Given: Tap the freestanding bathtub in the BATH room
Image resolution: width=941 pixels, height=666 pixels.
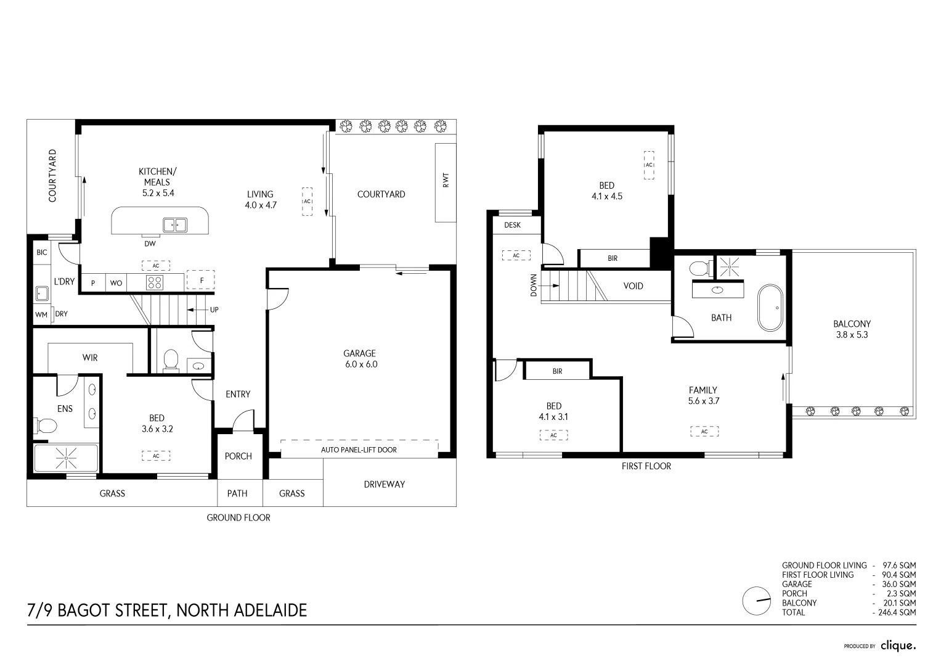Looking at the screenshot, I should pos(769,308).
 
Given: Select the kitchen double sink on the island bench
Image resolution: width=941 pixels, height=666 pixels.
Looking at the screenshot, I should pos(175,225).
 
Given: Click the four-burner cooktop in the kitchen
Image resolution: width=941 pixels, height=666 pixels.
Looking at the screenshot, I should pos(154,282).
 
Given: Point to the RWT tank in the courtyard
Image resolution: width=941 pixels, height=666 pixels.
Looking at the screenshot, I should pos(446,183).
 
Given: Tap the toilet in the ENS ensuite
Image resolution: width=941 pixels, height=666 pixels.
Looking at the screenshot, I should pos(46,425).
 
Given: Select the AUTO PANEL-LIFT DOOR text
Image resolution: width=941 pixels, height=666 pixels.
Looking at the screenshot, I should pos(359,450).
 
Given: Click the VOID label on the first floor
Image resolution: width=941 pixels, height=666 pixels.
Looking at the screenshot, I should pos(633,286).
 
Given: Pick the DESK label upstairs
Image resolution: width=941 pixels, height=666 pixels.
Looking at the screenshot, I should pos(512,225).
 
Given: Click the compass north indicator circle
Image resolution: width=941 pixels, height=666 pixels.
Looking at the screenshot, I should pos(757,601).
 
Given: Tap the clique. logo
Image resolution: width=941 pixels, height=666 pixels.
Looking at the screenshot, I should pos(898,646).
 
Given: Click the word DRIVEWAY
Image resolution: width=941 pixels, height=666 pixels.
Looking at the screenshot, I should pos(384,484).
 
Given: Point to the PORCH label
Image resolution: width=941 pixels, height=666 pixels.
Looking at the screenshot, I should pos(238,456).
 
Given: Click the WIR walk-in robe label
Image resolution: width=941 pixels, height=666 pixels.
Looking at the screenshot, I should pos(90,358).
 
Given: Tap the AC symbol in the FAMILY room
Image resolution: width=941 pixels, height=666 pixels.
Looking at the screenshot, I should pos(704,432).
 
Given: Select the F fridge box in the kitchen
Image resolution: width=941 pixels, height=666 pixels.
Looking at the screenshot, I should pos(201,279).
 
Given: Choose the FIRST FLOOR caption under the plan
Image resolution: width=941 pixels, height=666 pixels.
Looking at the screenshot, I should pos(646,466).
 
